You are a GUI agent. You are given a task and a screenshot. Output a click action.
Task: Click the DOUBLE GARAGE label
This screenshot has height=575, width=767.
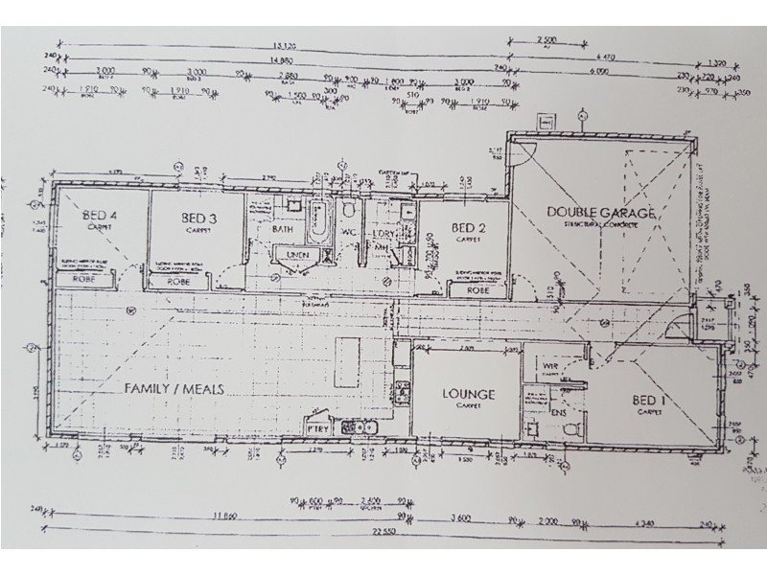click(x=601, y=212)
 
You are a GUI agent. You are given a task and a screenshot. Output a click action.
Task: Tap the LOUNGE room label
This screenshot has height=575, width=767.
click(x=467, y=394)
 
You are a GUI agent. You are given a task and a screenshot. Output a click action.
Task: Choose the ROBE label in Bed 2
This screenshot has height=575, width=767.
click(x=478, y=289)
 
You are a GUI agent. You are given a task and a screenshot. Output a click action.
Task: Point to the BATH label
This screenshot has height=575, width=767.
click(x=282, y=230)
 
